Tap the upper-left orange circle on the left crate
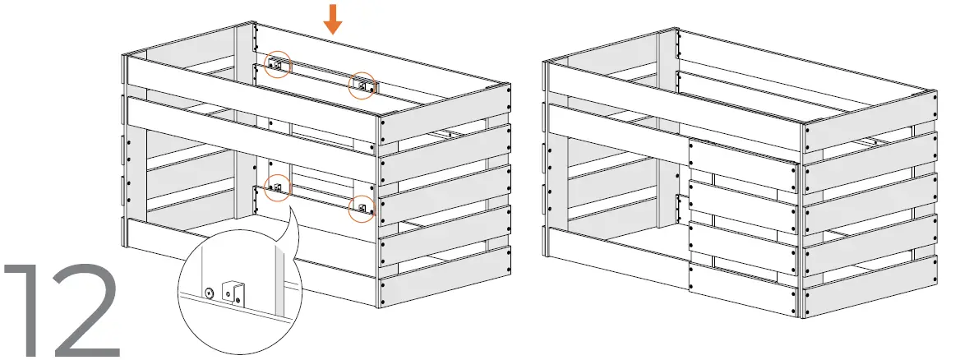point(278,64)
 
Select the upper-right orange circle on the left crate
point(362,85)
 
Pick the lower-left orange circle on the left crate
point(278,188)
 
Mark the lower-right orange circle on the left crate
point(361,208)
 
